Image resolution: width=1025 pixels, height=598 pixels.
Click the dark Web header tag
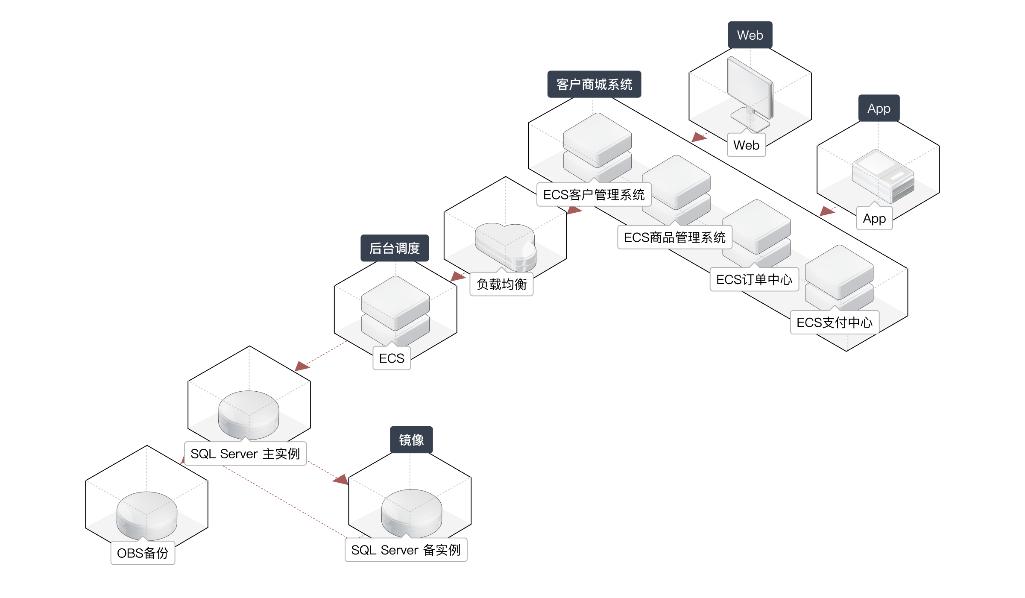pyautogui.click(x=750, y=35)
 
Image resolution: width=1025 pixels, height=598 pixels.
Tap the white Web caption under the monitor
pyautogui.click(x=746, y=145)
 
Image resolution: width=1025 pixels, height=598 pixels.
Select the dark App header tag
pyautogui.click(x=879, y=108)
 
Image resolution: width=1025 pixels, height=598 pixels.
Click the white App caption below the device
pyautogui.click(x=874, y=219)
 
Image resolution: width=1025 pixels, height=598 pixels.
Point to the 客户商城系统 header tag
pyautogui.click(x=594, y=85)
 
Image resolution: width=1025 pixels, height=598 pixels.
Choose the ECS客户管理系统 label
pyautogui.click(x=594, y=195)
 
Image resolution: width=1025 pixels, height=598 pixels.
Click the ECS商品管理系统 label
pyautogui.click(x=674, y=237)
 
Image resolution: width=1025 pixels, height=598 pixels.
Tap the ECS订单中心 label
pyautogui.click(x=754, y=280)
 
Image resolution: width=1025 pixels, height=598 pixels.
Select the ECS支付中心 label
pyautogui.click(x=834, y=322)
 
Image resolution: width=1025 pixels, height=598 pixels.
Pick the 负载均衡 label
pyautogui.click(x=501, y=284)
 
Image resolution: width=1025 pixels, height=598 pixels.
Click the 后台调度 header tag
pyautogui.click(x=395, y=248)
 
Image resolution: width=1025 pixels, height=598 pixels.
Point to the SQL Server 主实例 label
pyautogui.click(x=245, y=454)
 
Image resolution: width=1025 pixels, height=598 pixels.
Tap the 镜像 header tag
pyautogui.click(x=411, y=440)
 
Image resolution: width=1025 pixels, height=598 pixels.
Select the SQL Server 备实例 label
pyautogui.click(x=406, y=550)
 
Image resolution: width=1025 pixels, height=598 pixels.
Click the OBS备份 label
pyautogui.click(x=143, y=554)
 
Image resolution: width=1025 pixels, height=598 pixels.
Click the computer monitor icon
pyautogui.click(x=750, y=92)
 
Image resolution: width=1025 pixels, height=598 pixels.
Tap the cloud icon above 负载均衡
pyautogui.click(x=506, y=246)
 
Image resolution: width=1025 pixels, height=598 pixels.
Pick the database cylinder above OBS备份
pyautogui.click(x=147, y=515)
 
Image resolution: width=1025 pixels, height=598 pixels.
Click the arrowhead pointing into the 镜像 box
pyautogui.click(x=341, y=480)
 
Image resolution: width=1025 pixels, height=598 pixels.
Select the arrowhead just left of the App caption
pyautogui.click(x=828, y=211)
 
